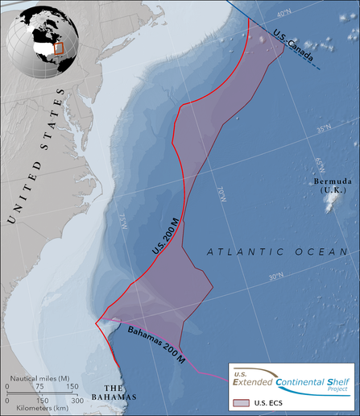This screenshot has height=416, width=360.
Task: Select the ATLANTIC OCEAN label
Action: coord(275,253)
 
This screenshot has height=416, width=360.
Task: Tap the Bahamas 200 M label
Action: coord(158,345)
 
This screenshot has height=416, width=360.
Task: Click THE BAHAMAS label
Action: coord(115,392)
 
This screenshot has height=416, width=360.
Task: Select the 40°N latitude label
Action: coord(283,14)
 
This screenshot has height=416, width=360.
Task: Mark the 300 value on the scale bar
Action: coord(77,400)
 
